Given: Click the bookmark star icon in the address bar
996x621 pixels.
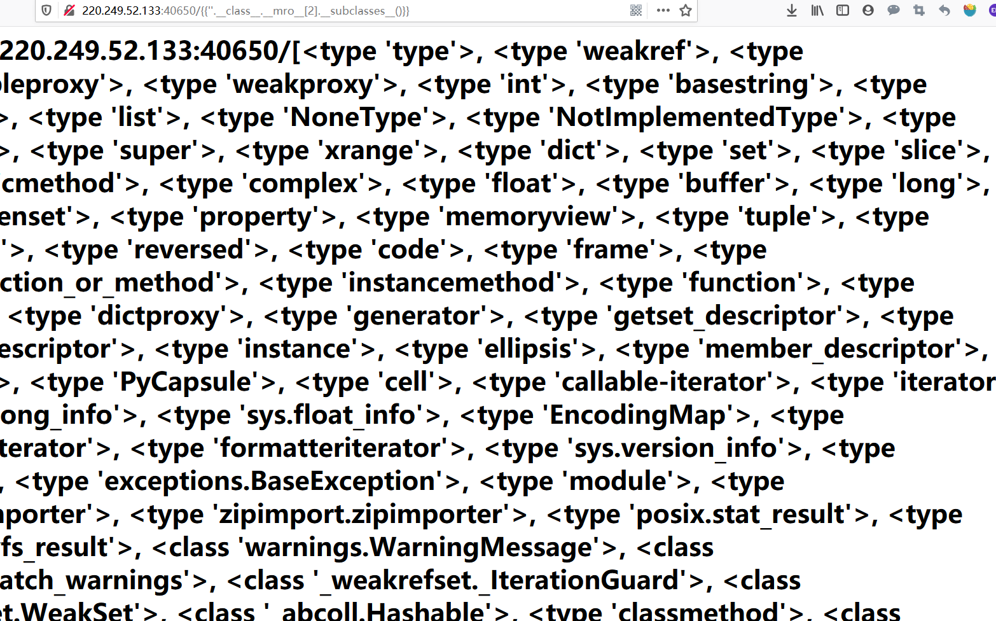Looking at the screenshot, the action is pyautogui.click(x=686, y=10).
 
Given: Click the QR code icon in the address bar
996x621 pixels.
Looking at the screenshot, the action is pyautogui.click(x=636, y=10).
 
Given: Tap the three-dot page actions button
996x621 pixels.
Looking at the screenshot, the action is pyautogui.click(x=663, y=10).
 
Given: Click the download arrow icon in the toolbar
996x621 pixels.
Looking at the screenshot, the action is pyautogui.click(x=792, y=10).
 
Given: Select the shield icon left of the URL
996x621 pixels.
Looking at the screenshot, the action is pyautogui.click(x=46, y=10).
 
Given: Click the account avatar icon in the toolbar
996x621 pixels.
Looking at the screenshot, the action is pyautogui.click(x=868, y=10).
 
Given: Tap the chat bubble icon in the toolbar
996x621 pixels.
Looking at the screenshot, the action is pyautogui.click(x=894, y=10).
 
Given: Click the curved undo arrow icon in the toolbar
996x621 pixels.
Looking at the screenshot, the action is pyautogui.click(x=944, y=10).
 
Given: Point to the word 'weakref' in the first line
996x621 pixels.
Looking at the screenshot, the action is pyautogui.click(x=635, y=51).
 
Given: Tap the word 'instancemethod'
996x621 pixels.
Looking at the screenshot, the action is pyautogui.click(x=452, y=283).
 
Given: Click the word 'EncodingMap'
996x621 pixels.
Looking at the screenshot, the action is pyautogui.click(x=637, y=415).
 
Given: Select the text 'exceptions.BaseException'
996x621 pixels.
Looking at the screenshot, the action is pyautogui.click(x=269, y=481).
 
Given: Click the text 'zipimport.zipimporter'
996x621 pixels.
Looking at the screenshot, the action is pyautogui.click(x=361, y=514).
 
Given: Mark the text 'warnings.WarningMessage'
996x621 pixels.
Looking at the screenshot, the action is pyautogui.click(x=418, y=547).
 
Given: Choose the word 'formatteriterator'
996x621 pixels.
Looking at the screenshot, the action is pyautogui.click(x=330, y=448).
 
